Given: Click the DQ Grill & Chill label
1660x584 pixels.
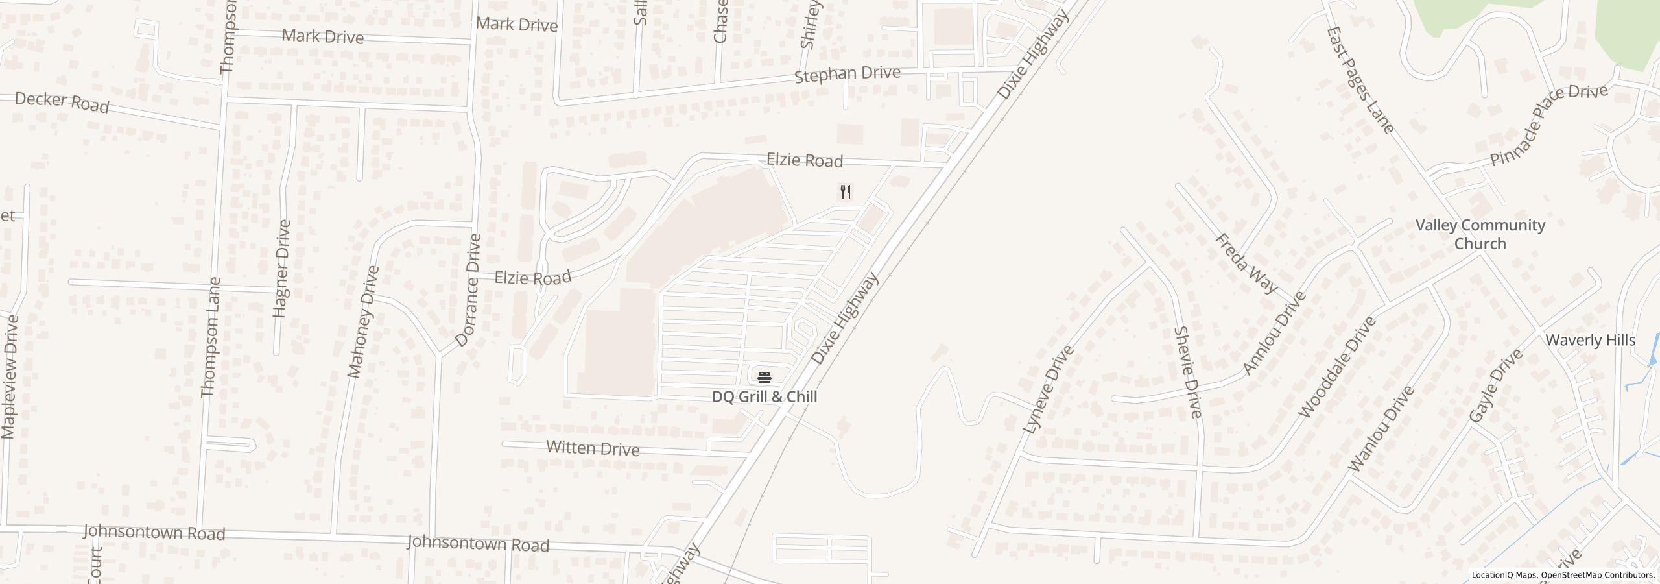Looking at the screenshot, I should coord(765,396).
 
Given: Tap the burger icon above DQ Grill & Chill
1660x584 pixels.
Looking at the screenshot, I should coord(765,377).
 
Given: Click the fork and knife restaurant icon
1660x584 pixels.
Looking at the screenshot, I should coord(845,192).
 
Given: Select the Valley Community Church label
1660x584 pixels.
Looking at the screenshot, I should coord(1480,234).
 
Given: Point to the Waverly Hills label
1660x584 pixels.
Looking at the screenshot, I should coord(1590,341).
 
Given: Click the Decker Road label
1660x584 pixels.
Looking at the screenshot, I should coord(62,102).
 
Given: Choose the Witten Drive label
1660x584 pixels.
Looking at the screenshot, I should coord(593,448).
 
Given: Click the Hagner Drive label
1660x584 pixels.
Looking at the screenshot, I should coord(281,269).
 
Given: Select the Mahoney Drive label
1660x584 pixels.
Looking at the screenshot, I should coord(362,322).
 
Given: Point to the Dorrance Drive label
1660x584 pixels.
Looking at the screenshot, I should coord(468,290).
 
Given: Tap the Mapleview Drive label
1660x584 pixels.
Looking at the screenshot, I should coord(9,377).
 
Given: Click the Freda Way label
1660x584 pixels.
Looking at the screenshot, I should coord(1246,263).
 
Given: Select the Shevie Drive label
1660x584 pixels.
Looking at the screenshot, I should coord(1188,372).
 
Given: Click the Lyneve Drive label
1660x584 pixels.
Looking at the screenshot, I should coord(1048,389).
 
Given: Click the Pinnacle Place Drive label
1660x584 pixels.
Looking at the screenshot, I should coord(1548,125).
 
